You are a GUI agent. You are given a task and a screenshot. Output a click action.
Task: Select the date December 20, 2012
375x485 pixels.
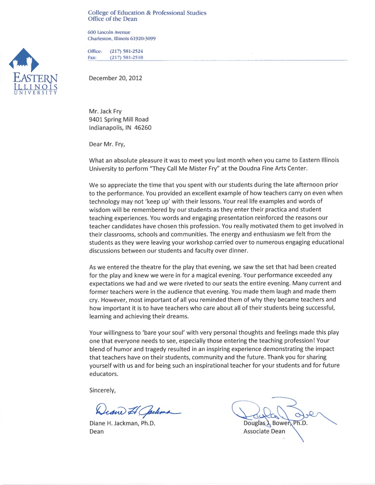click(115, 78)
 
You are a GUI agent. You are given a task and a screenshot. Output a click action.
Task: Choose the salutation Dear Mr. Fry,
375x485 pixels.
click(107, 144)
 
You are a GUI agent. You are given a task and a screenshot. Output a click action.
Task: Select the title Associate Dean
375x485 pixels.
click(264, 431)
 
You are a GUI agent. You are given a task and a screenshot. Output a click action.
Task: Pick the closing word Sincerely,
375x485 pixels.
click(103, 390)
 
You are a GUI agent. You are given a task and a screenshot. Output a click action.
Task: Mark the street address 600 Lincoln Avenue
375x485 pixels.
click(109, 32)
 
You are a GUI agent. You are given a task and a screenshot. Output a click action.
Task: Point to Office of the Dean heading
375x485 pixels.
click(113, 19)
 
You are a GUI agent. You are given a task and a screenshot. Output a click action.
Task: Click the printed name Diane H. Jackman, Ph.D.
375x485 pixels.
click(122, 423)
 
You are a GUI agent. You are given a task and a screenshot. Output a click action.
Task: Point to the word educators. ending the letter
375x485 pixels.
click(104, 374)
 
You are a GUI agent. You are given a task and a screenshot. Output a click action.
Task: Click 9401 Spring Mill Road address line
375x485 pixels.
click(119, 119)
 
